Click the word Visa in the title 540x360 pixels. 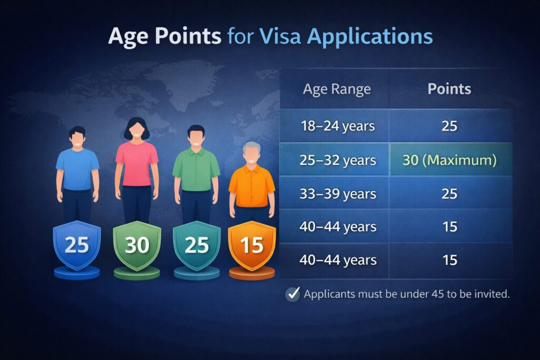pyautogui.click(x=280, y=35)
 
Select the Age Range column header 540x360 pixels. pyautogui.click(x=337, y=90)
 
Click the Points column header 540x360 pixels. pyautogui.click(x=449, y=89)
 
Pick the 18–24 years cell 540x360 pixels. pyautogui.click(x=338, y=126)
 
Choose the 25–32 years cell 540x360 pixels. pyautogui.click(x=338, y=160)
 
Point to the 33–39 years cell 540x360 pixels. pyautogui.click(x=338, y=194)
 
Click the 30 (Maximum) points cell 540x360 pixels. pyautogui.click(x=450, y=160)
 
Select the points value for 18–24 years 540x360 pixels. pyautogui.click(x=449, y=126)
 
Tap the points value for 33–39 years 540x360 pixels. pyautogui.click(x=449, y=194)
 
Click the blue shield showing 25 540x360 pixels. pyautogui.click(x=77, y=245)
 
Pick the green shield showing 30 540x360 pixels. pyautogui.click(x=137, y=245)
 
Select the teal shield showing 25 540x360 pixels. pyautogui.click(x=197, y=245)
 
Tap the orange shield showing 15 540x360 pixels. pyautogui.click(x=252, y=245)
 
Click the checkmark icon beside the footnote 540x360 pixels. pyautogui.click(x=293, y=294)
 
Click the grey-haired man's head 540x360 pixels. pyautogui.click(x=252, y=153)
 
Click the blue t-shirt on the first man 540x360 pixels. pyautogui.click(x=78, y=169)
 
